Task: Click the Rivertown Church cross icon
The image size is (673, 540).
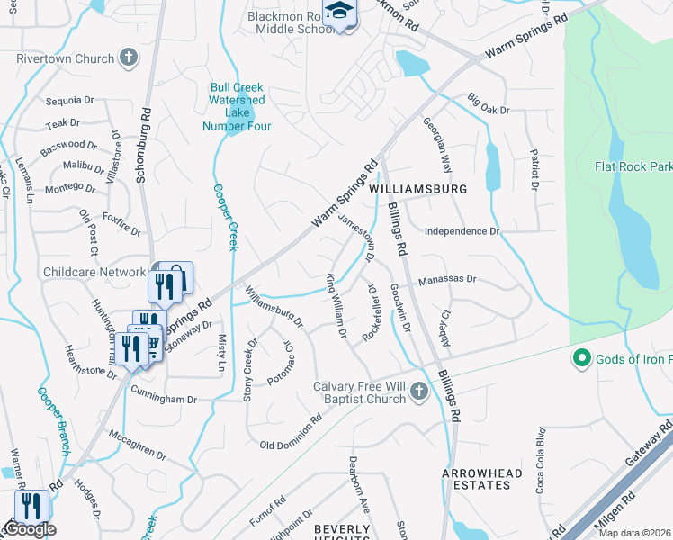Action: (129, 58)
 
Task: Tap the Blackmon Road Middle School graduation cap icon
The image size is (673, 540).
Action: (339, 12)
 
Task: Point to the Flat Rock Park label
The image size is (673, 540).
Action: (633, 167)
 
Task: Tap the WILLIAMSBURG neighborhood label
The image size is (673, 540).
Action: (418, 190)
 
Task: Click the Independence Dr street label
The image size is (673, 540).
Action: (462, 231)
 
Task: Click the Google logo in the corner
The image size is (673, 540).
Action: (30, 529)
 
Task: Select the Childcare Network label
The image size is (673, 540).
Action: (94, 272)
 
